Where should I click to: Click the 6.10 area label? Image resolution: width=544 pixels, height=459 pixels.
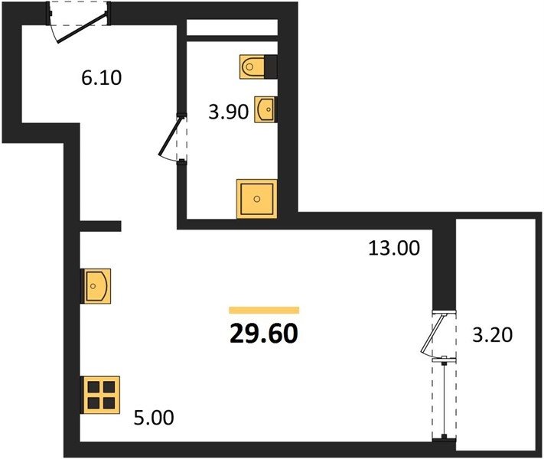[x=101, y=78]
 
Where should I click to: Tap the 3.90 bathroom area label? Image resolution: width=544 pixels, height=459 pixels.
[x=228, y=112]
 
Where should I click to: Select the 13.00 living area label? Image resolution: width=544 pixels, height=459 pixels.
[x=394, y=249]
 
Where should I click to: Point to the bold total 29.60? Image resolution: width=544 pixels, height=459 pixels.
[x=264, y=334]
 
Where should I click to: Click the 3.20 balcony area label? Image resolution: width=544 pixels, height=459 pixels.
[x=492, y=336]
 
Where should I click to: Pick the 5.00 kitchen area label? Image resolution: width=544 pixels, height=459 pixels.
[x=154, y=418]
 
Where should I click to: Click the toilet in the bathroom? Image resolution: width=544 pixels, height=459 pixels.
[x=252, y=67]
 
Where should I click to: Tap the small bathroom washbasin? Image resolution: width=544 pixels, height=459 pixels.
[x=265, y=109]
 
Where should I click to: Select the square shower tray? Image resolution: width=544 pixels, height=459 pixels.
[x=257, y=199]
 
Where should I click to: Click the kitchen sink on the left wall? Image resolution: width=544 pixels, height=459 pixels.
[x=96, y=286]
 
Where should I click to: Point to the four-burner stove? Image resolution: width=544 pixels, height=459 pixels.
[x=100, y=395]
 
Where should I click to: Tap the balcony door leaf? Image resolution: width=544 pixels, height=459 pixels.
[x=432, y=334]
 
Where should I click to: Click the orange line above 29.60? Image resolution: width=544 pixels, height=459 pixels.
[x=264, y=310]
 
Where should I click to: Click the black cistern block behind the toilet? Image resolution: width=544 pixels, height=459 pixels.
[x=271, y=67]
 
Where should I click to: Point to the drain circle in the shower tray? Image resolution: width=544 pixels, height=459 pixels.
[x=257, y=199]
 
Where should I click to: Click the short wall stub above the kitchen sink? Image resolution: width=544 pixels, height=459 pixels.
[x=100, y=226]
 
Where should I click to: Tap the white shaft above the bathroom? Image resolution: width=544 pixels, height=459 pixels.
[x=232, y=28]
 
